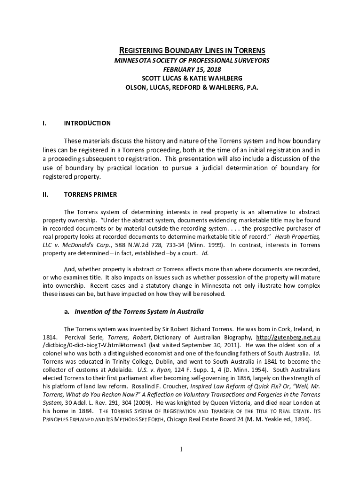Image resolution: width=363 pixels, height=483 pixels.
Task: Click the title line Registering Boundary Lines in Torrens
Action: click(x=192, y=50)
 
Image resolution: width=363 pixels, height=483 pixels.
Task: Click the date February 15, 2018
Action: click(x=192, y=69)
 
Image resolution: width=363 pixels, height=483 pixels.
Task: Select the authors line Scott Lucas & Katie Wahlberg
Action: click(x=192, y=78)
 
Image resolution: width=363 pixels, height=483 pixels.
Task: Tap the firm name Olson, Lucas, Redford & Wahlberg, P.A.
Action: click(x=192, y=88)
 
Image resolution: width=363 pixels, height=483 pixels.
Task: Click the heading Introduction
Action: click(x=87, y=123)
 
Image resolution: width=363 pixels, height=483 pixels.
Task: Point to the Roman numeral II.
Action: click(x=45, y=194)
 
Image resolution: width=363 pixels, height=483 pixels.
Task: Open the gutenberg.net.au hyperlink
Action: click(x=288, y=337)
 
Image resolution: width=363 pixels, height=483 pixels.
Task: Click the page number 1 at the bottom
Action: click(x=181, y=449)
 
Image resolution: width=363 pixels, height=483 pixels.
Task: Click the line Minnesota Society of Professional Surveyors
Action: click(x=192, y=60)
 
